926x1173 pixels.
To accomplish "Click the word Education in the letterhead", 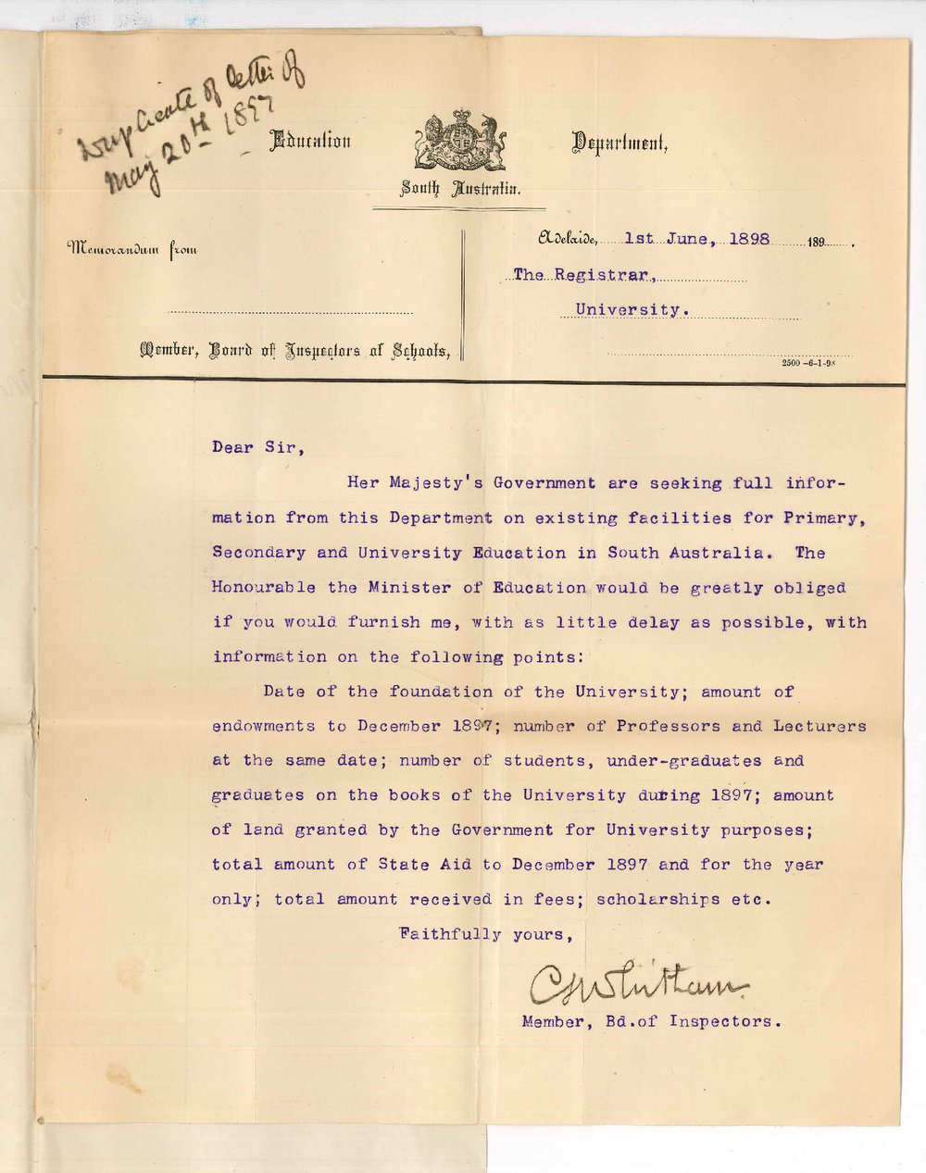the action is pos(309,142).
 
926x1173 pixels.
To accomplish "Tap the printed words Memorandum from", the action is pos(131,248).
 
